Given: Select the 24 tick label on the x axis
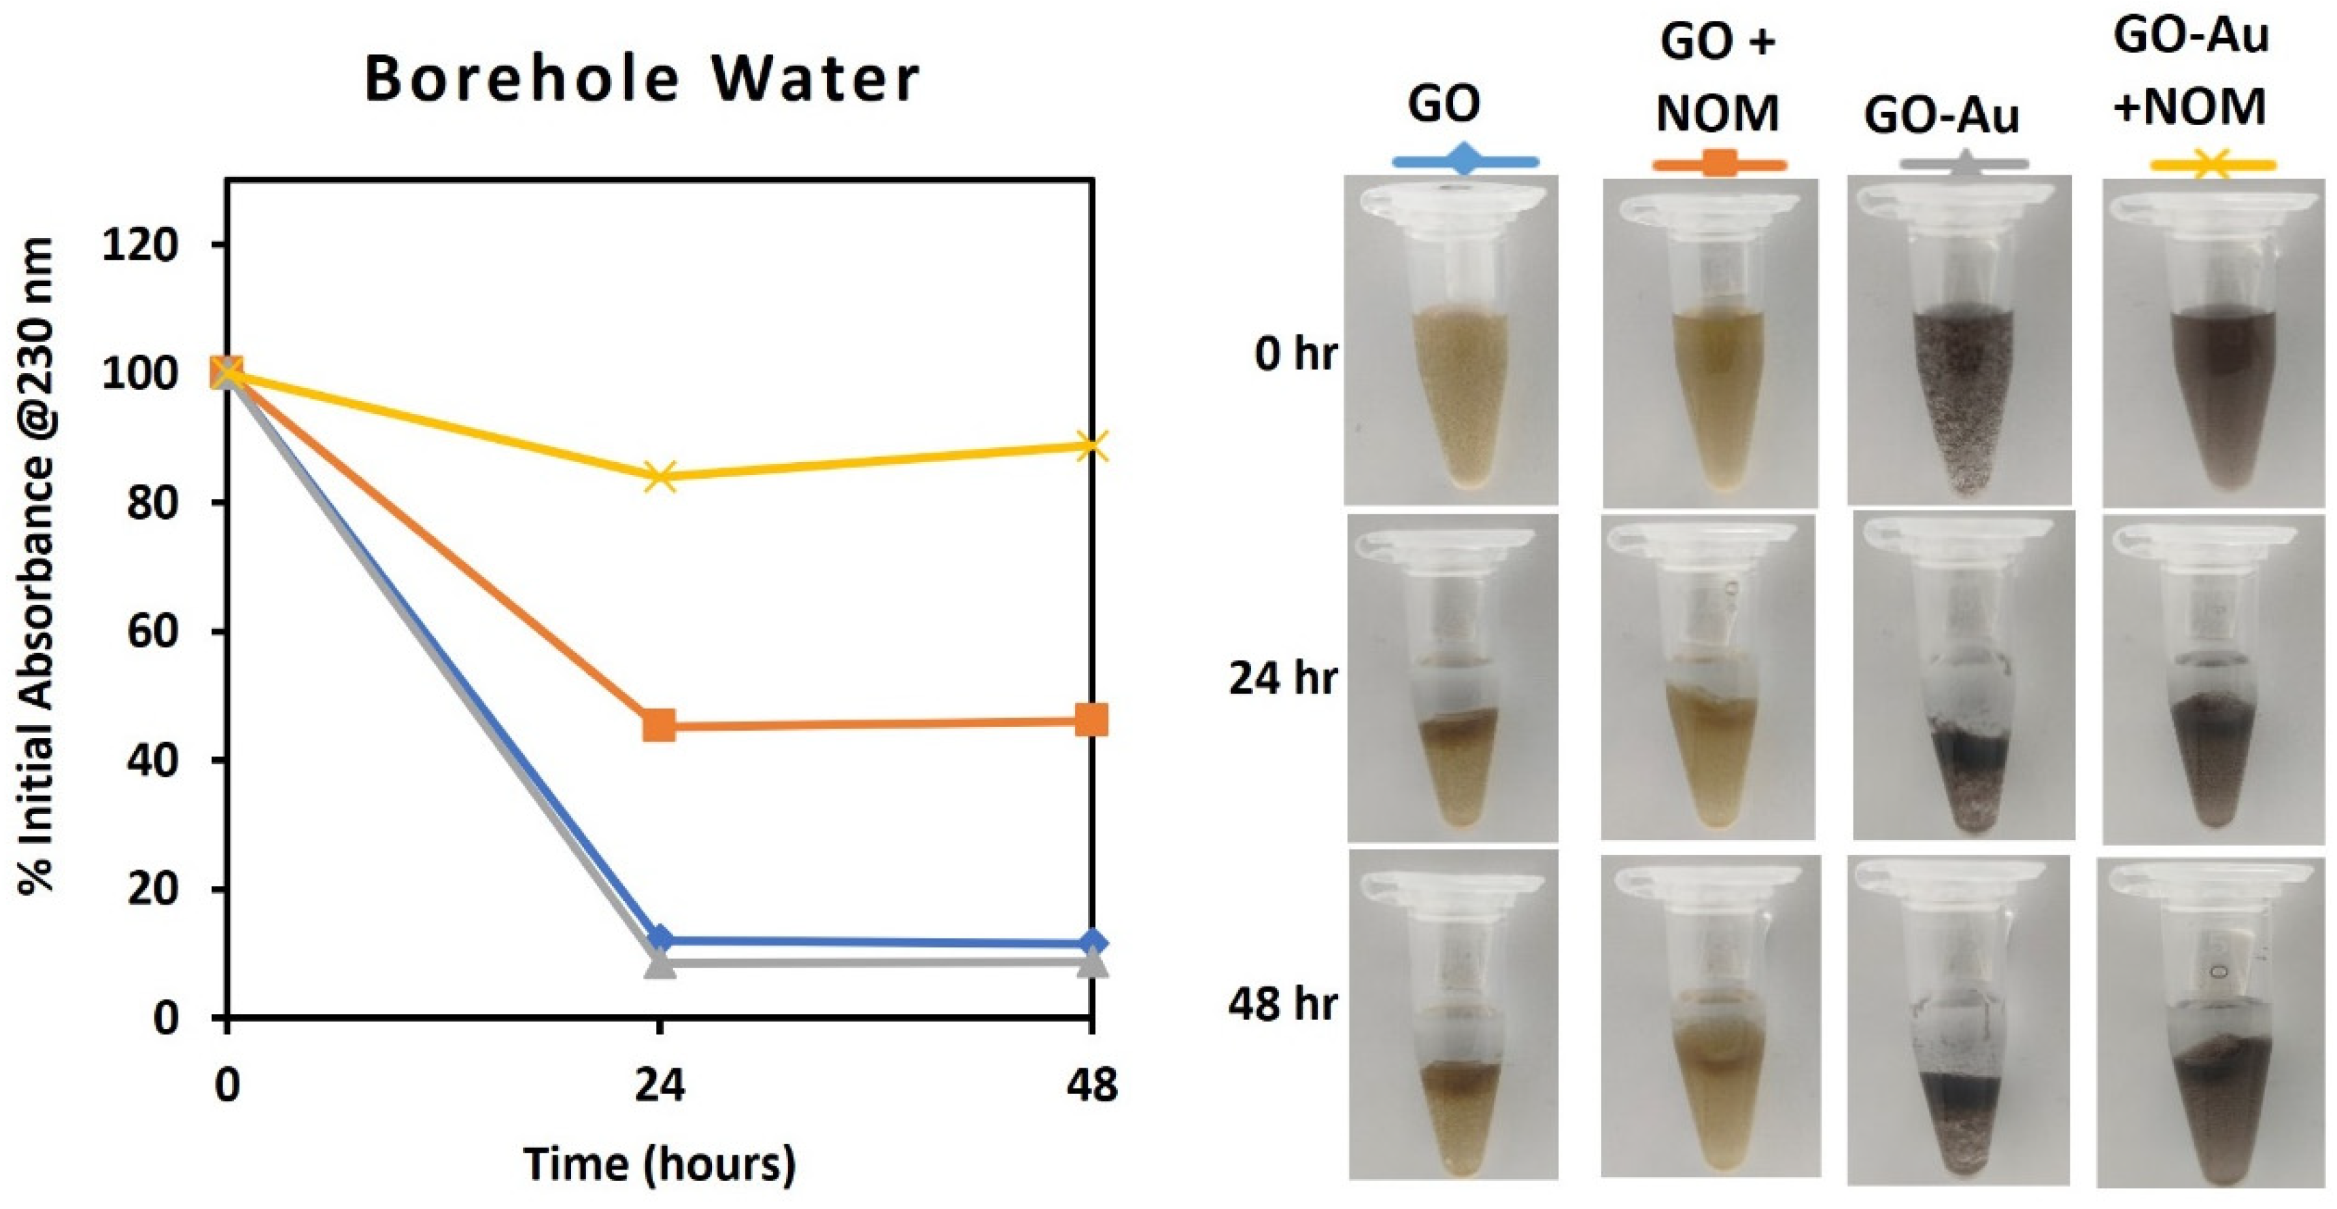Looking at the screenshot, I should click(x=660, y=1085).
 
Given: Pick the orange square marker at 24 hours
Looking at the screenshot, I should click(x=660, y=726).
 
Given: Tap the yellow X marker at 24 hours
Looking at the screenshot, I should click(x=660, y=476).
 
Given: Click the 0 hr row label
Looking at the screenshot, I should click(x=1295, y=353).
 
